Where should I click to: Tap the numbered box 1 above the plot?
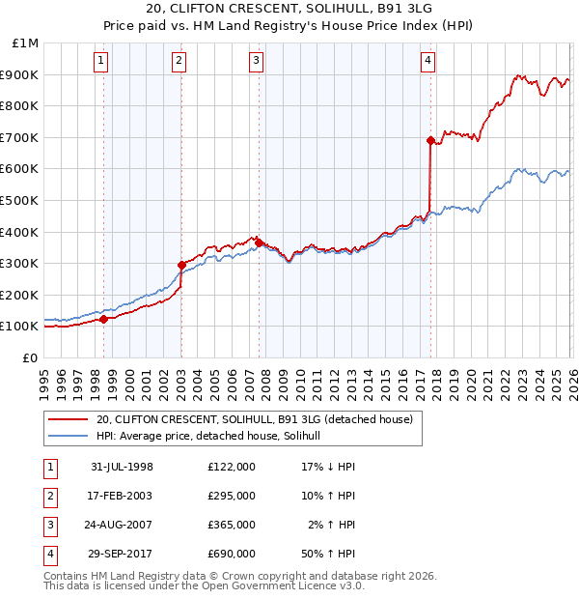[x=102, y=61]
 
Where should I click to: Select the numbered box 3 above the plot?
[x=257, y=61]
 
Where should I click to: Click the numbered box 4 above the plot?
[x=427, y=61]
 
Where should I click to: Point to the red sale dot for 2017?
[x=430, y=140]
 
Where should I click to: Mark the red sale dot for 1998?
[x=104, y=319]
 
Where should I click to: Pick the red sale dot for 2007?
[x=259, y=242]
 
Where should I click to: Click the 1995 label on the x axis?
[x=44, y=377]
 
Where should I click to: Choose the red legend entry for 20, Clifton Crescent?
[x=255, y=419]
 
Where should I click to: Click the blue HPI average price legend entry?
[x=213, y=437]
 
